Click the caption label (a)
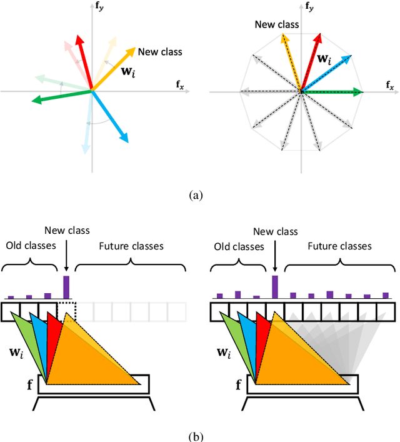[196, 195]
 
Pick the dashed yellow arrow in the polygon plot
[292, 63]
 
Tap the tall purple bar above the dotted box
[66, 287]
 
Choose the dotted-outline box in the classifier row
[66, 311]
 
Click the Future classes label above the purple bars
[338, 246]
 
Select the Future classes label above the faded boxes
[132, 246]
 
